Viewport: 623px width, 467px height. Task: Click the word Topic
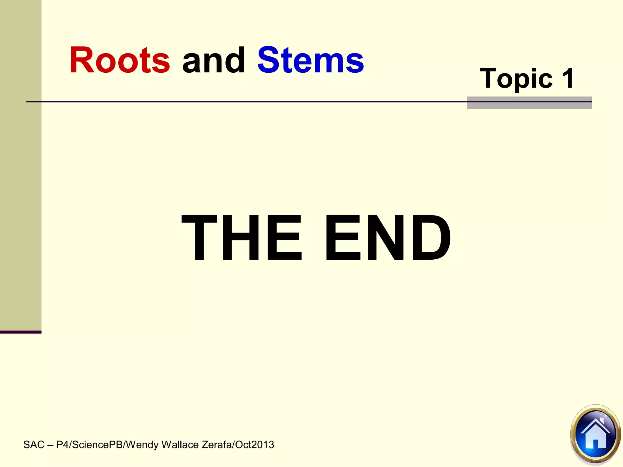pos(516,79)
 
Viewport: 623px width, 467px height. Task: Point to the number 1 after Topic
pos(568,78)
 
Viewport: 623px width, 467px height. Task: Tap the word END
pos(388,238)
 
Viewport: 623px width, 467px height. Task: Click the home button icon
pos(595,434)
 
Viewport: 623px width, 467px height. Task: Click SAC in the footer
pos(34,445)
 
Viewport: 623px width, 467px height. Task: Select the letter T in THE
pos(199,238)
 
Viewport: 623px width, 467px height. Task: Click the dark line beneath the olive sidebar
pos(21,332)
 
